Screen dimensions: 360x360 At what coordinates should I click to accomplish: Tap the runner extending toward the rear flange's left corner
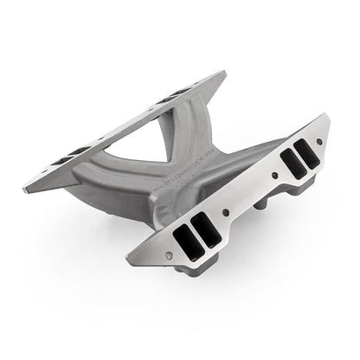click(x=95, y=177)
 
